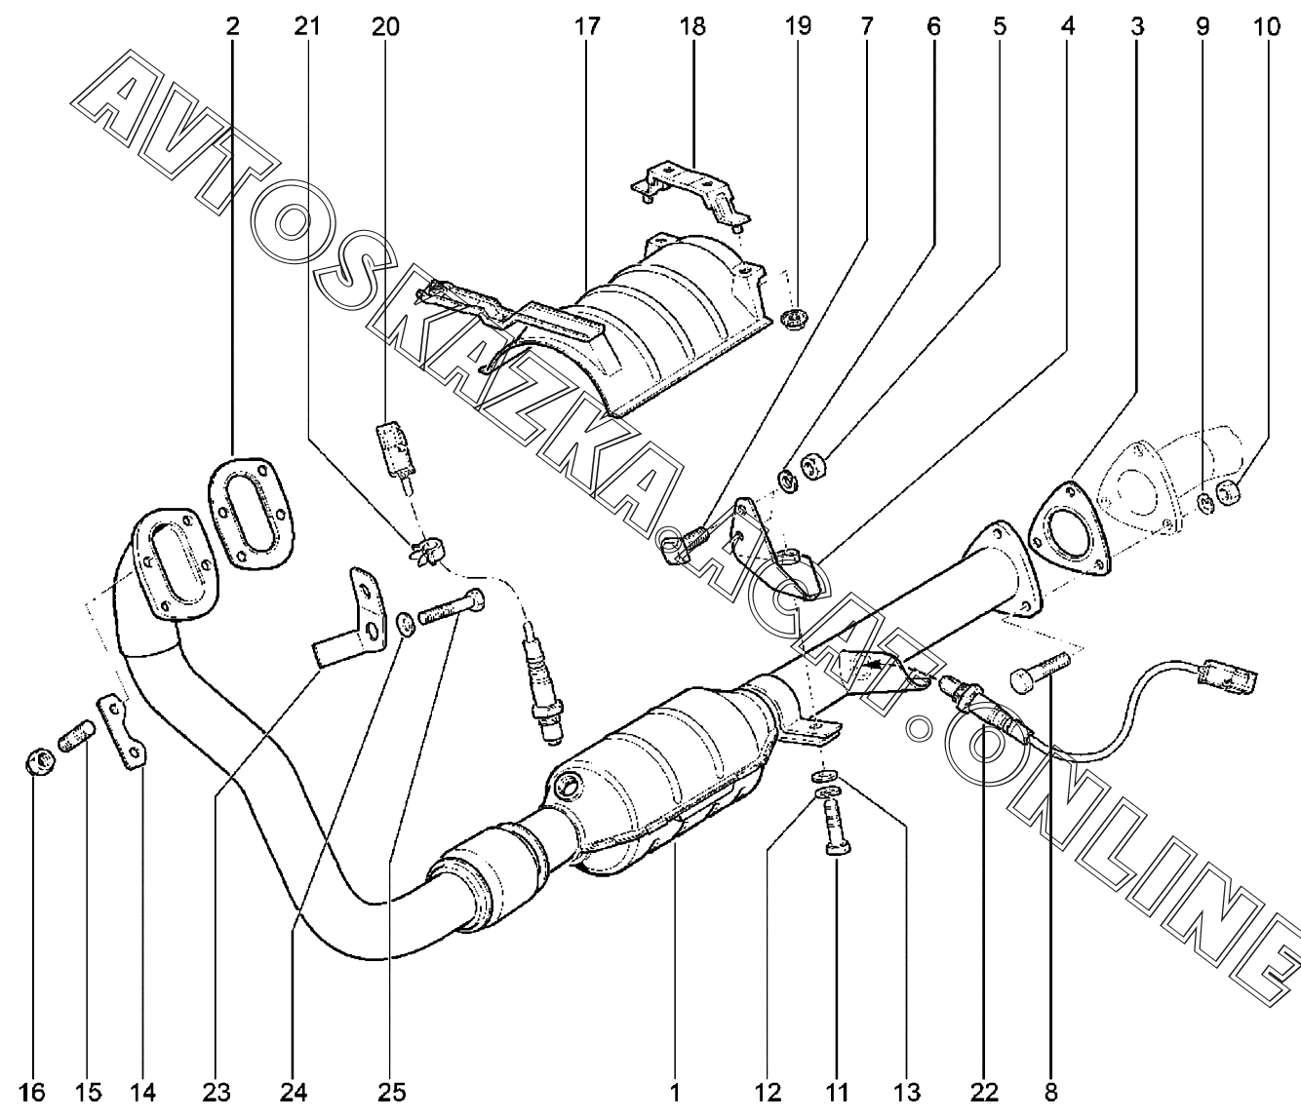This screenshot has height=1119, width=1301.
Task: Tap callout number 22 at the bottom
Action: click(983, 1091)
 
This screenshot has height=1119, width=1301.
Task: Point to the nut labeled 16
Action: click(37, 758)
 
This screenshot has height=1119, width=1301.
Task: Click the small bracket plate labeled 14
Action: click(124, 731)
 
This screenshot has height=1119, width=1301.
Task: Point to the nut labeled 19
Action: click(794, 317)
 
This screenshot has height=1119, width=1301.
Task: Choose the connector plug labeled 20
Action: click(396, 447)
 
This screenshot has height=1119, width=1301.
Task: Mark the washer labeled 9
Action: click(1206, 501)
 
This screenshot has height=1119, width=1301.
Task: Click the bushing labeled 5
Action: click(812, 468)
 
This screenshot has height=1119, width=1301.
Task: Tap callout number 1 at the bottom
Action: click(674, 1091)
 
